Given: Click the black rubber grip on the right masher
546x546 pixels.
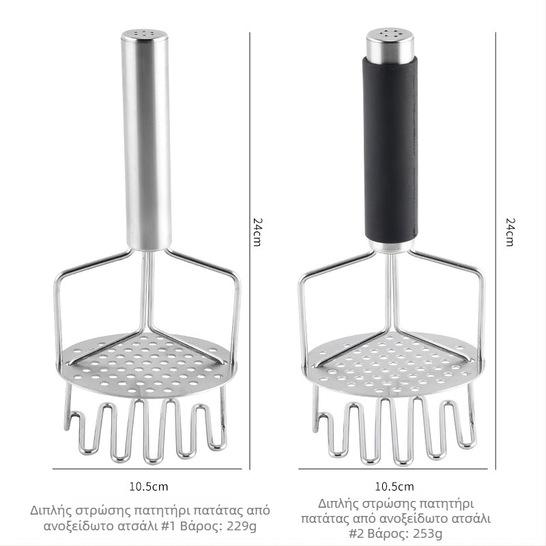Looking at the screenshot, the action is (x=390, y=149).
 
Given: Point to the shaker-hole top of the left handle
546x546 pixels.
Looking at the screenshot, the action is (x=145, y=34).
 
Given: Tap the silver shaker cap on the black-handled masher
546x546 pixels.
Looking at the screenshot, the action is (x=390, y=44).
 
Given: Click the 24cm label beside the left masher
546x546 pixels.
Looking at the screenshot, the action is (x=257, y=232).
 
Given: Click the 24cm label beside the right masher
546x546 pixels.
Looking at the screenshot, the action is (x=510, y=232).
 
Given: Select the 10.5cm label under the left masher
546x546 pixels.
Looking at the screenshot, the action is (x=148, y=487).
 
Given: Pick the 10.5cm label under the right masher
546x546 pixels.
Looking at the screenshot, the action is (x=394, y=487).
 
